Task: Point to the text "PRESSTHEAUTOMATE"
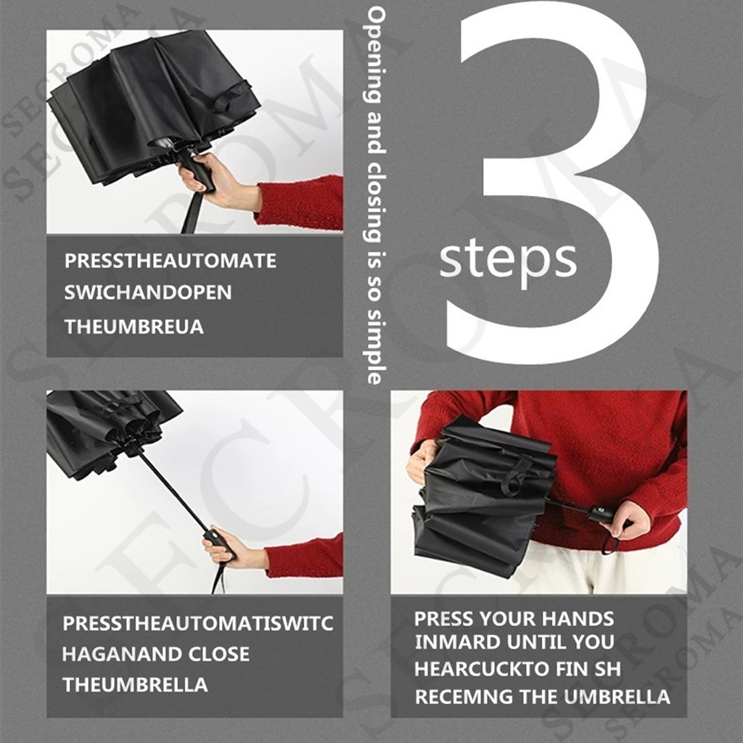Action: tap(170, 260)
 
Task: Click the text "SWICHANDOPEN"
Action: tap(148, 292)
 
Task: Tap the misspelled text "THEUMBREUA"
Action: tap(134, 327)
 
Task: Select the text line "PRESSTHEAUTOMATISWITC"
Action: tap(198, 623)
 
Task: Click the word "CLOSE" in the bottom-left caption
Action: tap(218, 654)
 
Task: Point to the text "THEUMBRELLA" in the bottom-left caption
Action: tap(135, 685)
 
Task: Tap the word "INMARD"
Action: tap(457, 642)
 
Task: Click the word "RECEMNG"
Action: tap(464, 697)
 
